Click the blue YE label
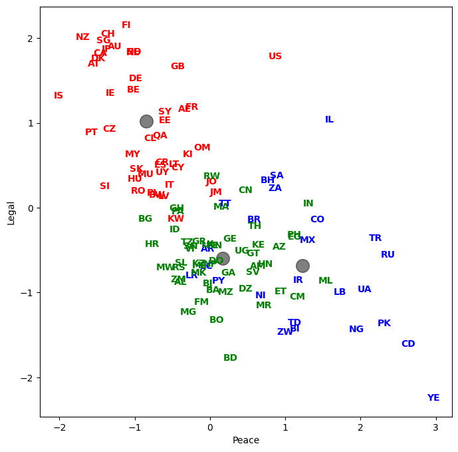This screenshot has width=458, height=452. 433,398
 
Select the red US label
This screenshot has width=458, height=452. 275,57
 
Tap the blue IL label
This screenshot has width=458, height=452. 329,120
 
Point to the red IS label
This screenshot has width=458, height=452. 58,96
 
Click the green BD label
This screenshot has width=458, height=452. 230,358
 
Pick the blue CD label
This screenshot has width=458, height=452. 408,344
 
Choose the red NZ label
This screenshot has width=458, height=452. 82,37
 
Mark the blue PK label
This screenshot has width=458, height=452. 384,324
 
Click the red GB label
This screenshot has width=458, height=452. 177,67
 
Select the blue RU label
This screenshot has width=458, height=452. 388,255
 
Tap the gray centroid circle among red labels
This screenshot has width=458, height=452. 146,121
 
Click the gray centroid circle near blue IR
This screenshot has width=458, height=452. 302,266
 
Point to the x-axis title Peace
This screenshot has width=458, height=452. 246,441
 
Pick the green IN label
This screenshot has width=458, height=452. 308,204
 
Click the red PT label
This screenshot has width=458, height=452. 91,132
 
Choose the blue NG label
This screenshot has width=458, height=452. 356,330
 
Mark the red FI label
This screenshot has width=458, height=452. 126,25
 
